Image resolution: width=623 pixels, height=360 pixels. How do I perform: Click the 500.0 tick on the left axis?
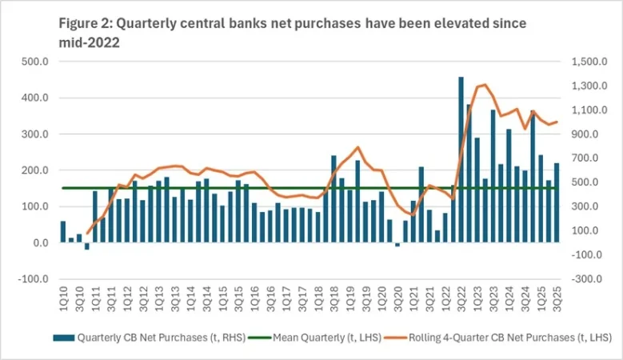(x=35, y=62)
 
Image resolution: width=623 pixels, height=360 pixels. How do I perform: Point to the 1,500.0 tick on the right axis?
(x=587, y=62)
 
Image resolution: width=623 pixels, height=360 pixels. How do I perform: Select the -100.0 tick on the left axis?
(x=34, y=279)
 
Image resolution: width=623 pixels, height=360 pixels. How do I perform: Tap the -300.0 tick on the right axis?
(x=585, y=279)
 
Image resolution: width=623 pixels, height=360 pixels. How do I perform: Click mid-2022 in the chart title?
(x=89, y=42)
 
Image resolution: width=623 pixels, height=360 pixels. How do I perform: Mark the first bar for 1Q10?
(x=63, y=232)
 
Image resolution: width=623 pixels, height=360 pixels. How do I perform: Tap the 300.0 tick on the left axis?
(x=35, y=134)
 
